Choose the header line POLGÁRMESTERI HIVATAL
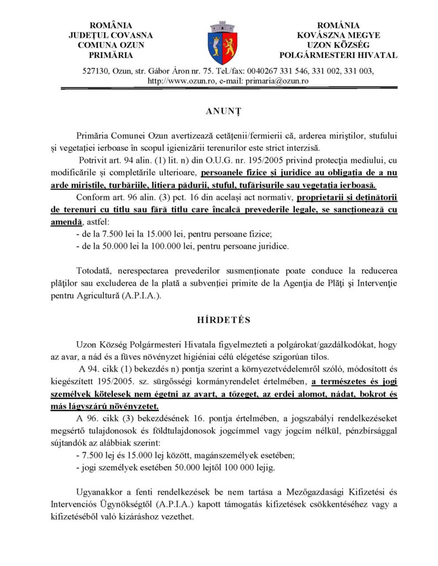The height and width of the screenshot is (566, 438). [x=338, y=55]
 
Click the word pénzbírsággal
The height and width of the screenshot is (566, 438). [x=357, y=431]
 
